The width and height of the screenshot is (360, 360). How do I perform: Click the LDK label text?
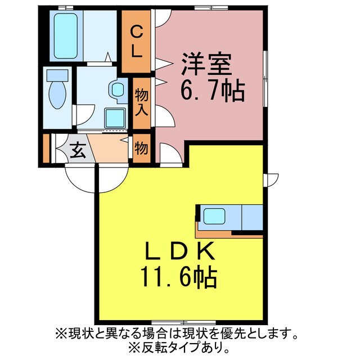[x=180, y=251]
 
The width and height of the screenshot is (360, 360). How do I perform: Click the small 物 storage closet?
[x=142, y=148]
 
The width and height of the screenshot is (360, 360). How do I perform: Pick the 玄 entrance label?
[x=78, y=150]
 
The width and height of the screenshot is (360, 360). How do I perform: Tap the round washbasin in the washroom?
[x=118, y=89]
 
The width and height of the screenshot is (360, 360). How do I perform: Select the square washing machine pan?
[x=116, y=118]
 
